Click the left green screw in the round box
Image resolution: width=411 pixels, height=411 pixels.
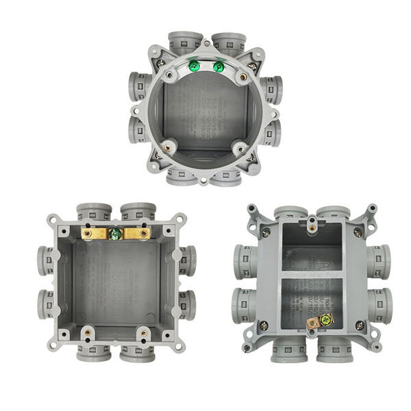194,66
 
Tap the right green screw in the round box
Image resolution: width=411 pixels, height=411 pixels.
219,66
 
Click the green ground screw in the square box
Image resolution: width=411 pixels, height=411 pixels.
116,234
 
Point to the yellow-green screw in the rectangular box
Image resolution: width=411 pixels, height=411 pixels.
325,319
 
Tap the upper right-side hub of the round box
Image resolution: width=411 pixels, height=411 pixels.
272,89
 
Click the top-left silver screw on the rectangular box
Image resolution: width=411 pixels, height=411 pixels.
266,233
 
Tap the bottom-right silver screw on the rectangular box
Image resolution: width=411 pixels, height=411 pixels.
358,325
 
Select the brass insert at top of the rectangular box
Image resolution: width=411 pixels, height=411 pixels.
312,221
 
